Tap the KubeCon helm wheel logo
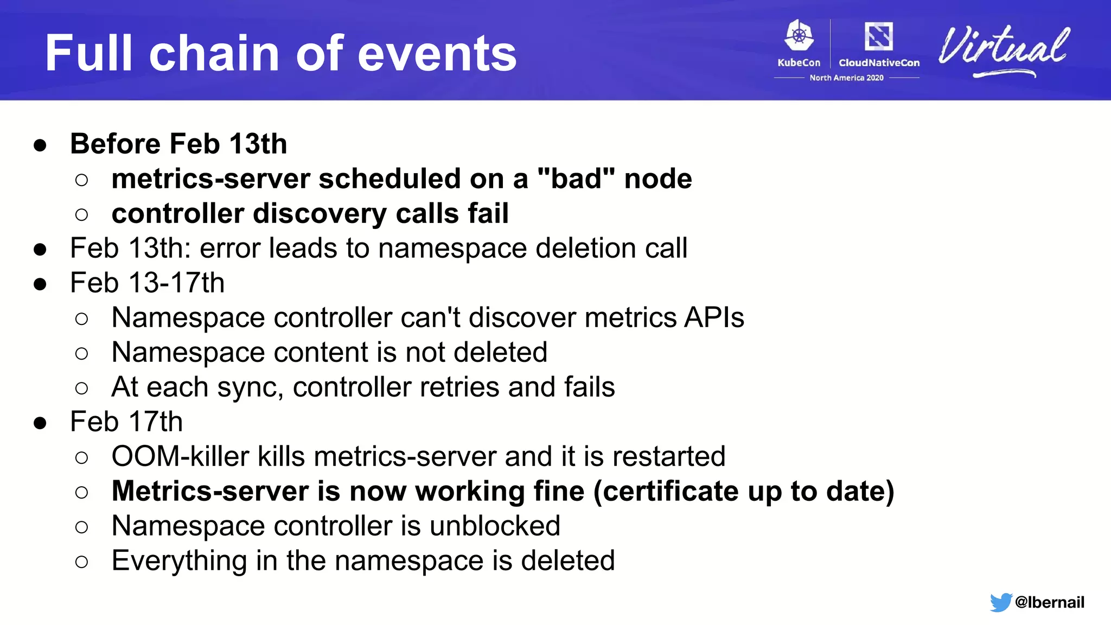click(799, 36)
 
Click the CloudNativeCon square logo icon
click(878, 36)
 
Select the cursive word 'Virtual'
click(1004, 48)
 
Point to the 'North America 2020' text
click(846, 78)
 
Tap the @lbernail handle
click(1049, 602)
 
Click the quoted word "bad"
click(576, 178)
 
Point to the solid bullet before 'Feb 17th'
click(40, 423)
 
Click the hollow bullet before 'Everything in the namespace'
click(81, 562)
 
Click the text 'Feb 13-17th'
click(147, 283)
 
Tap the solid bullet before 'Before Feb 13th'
click(40, 145)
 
